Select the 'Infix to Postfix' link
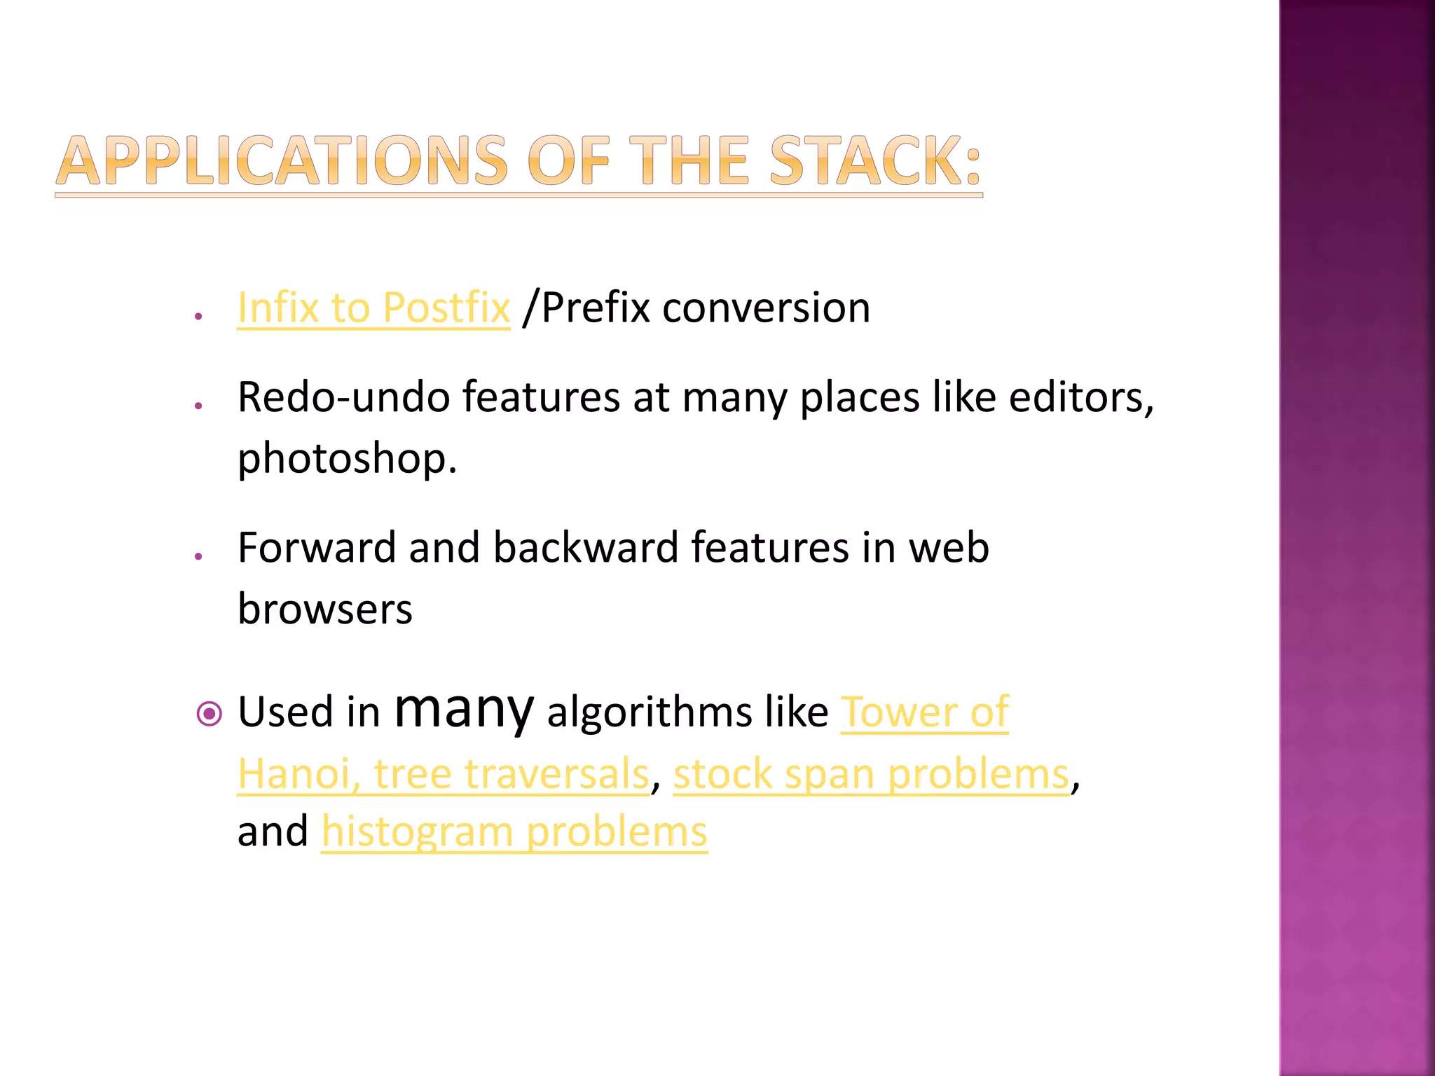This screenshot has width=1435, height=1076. click(x=373, y=308)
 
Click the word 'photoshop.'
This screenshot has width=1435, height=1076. click(x=347, y=459)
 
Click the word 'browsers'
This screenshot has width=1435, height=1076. click(x=325, y=609)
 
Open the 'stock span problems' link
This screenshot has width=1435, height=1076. click(x=871, y=774)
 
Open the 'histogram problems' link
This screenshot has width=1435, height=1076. click(x=514, y=832)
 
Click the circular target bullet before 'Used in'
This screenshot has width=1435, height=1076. click(x=209, y=715)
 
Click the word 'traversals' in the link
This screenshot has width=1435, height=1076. click(x=556, y=774)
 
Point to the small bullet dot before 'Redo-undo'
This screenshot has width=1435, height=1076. click(x=199, y=406)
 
